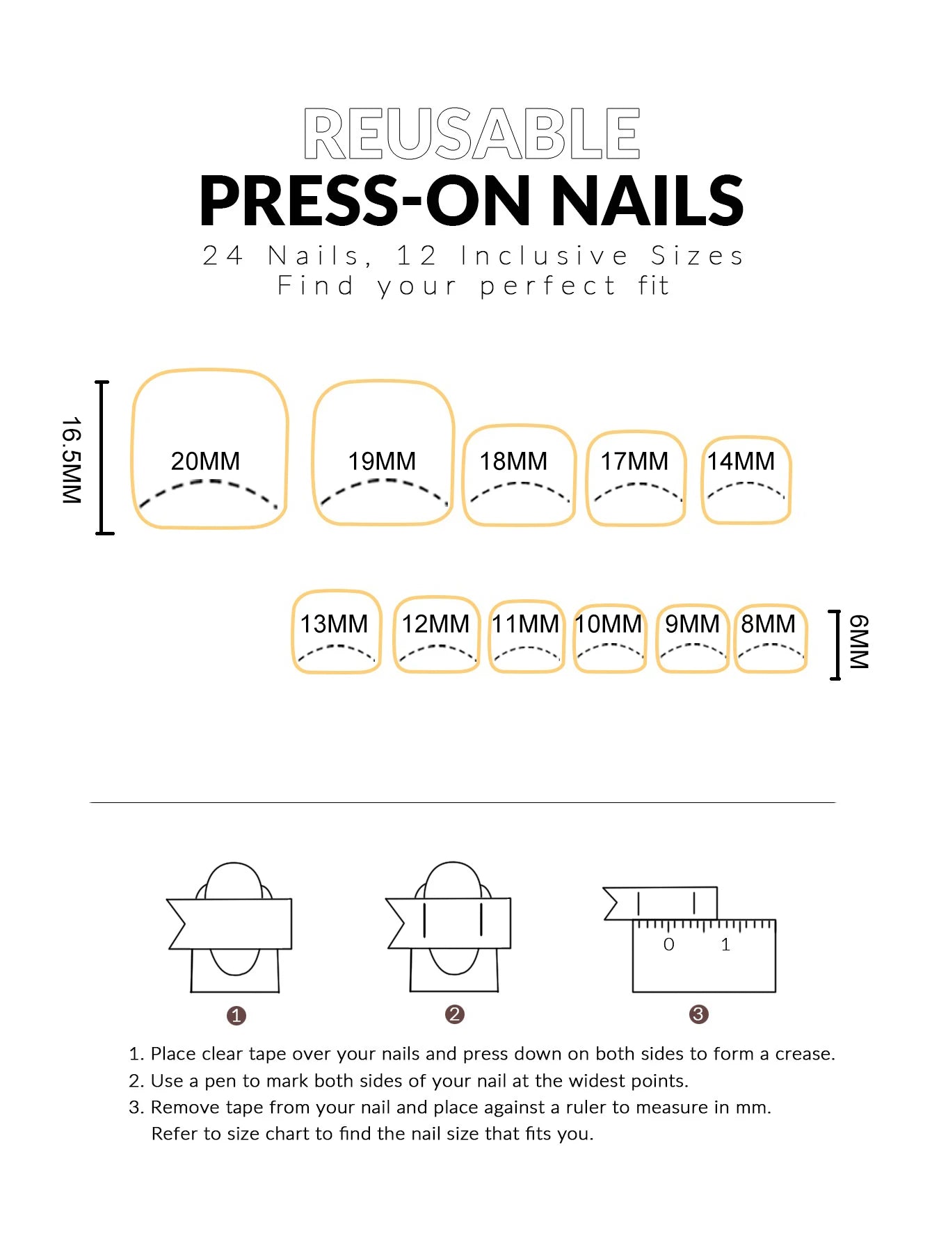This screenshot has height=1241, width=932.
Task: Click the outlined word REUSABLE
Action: click(x=472, y=133)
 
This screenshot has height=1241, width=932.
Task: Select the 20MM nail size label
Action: click(x=205, y=461)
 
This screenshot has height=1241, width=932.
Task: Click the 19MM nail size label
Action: click(x=382, y=461)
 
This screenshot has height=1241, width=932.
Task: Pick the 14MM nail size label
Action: click(x=741, y=461)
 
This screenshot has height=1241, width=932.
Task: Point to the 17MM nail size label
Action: click(x=634, y=461)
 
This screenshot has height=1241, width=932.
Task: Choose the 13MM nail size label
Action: click(x=334, y=624)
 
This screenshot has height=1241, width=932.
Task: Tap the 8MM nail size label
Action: click(x=768, y=624)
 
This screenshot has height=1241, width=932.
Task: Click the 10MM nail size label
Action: click(x=609, y=624)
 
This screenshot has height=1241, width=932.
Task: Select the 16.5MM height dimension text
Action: click(x=72, y=460)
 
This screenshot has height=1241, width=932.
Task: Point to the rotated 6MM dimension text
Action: click(x=859, y=642)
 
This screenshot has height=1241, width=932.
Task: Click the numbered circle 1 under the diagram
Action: click(x=236, y=1016)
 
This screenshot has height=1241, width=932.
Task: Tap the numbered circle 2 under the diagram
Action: click(x=455, y=1014)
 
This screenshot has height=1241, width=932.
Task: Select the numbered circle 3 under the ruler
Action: click(x=698, y=1014)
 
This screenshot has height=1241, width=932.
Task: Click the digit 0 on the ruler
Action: click(x=668, y=944)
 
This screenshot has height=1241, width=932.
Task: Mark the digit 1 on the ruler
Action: click(x=725, y=944)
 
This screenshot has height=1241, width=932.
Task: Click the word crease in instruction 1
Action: click(x=805, y=1054)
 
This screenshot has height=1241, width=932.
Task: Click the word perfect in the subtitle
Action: click(x=547, y=286)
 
